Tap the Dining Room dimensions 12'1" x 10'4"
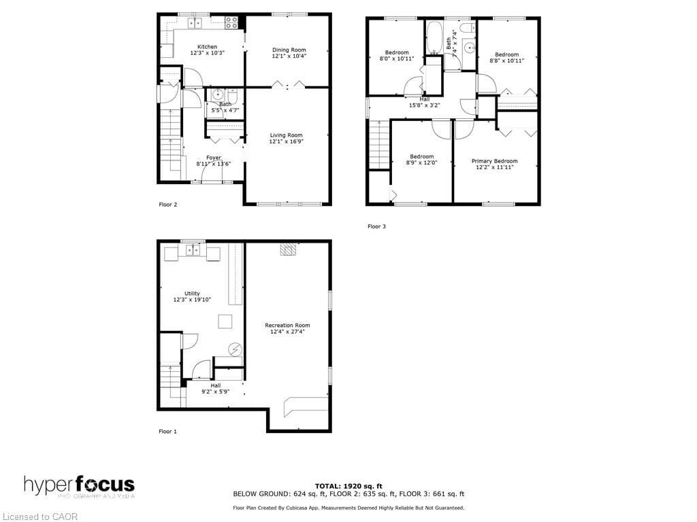[x=289, y=56]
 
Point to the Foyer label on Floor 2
[x=214, y=158]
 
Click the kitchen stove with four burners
[x=231, y=22]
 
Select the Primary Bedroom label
[x=494, y=161]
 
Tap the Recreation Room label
[x=287, y=326]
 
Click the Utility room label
[x=192, y=294]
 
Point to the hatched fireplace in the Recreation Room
[x=289, y=249]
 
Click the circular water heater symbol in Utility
[x=236, y=349]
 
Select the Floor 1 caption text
[x=168, y=432]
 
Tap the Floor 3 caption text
[x=376, y=226]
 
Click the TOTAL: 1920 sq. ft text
[x=348, y=486]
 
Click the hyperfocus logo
[x=79, y=486]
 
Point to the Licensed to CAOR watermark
[x=40, y=517]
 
